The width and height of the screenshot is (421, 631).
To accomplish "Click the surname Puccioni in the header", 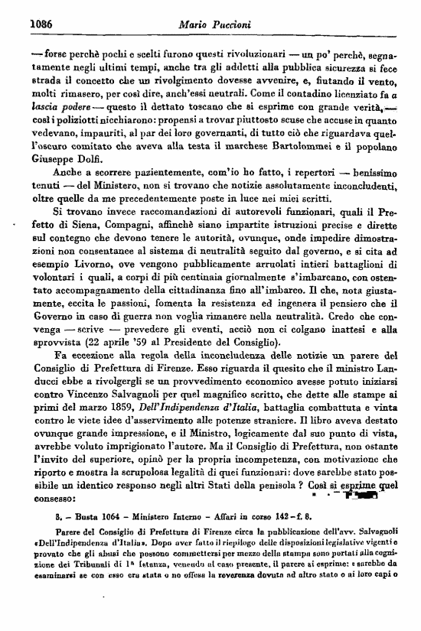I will coord(224,25).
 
